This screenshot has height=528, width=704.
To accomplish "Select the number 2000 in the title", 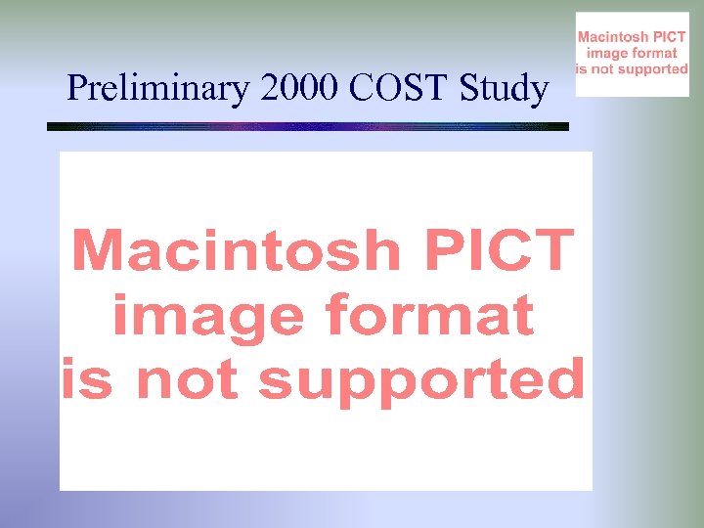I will [298, 90].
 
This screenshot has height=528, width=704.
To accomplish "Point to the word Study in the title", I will [503, 90].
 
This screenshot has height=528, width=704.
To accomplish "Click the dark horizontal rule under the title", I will [308, 126].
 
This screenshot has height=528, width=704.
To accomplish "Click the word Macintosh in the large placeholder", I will [236, 251].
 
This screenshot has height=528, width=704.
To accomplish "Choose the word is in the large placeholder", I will [88, 379].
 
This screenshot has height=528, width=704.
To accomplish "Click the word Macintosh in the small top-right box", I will [613, 37].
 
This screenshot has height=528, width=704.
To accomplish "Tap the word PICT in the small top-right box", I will [669, 37].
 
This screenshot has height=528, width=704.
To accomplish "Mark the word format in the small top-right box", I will [654, 53].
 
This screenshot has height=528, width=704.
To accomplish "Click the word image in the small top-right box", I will [606, 53].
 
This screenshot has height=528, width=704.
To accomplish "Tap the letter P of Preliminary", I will [76, 90].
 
